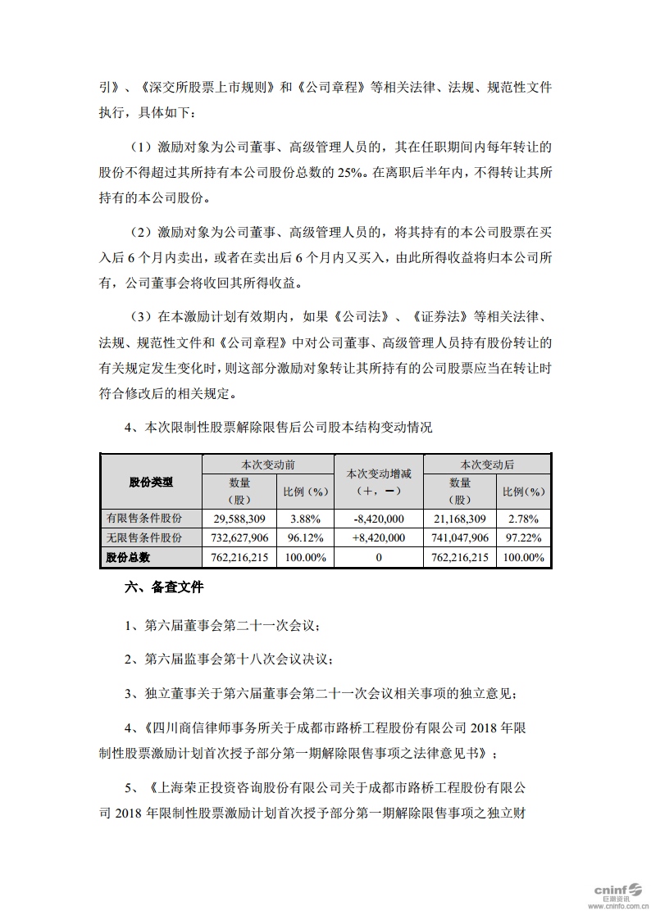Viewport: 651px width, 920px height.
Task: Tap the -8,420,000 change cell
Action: click(x=378, y=519)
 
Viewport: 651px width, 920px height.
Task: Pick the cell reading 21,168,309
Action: click(x=461, y=519)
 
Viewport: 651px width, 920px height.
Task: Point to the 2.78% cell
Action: click(x=523, y=519)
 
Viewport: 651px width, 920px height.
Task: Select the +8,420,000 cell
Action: click(x=378, y=537)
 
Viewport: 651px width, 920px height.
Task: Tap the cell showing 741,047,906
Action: click(x=461, y=537)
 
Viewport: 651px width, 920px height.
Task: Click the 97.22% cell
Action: click(x=523, y=537)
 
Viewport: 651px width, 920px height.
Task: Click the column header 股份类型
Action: click(x=151, y=483)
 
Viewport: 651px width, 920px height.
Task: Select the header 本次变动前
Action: click(x=267, y=464)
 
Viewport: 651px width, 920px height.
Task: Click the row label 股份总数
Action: click(x=128, y=557)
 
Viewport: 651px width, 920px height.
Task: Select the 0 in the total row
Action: click(x=379, y=557)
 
